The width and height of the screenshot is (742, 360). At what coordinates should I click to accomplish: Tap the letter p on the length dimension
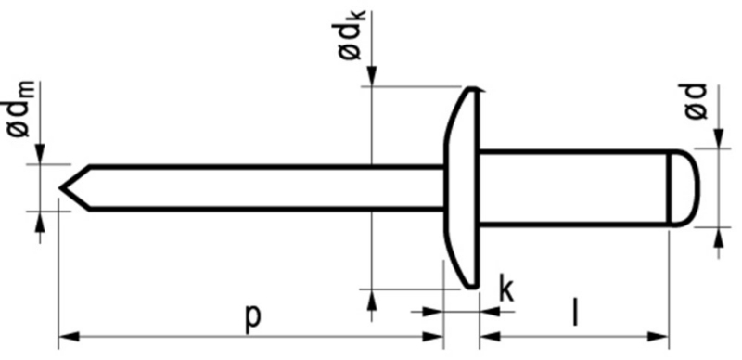pyautogui.click(x=251, y=315)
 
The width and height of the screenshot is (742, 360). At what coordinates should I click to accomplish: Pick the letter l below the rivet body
pyautogui.click(x=575, y=314)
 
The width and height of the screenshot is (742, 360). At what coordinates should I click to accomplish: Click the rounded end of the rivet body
pyautogui.click(x=687, y=188)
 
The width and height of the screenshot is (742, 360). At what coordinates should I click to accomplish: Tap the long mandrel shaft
pyautogui.click(x=260, y=188)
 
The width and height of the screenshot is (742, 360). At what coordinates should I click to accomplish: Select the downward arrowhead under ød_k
pyautogui.click(x=371, y=80)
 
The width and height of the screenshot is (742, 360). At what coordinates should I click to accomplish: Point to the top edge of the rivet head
pyautogui.click(x=473, y=90)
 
